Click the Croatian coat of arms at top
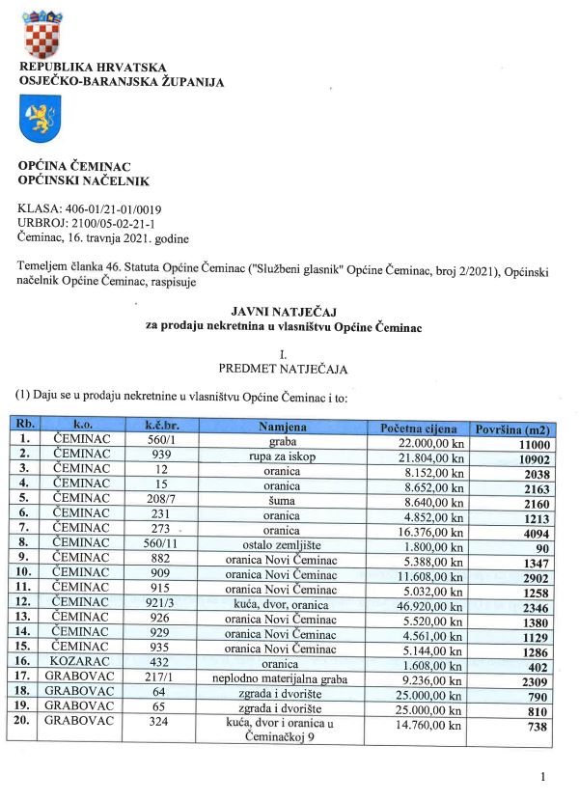(41, 35)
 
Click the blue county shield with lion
(41, 122)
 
